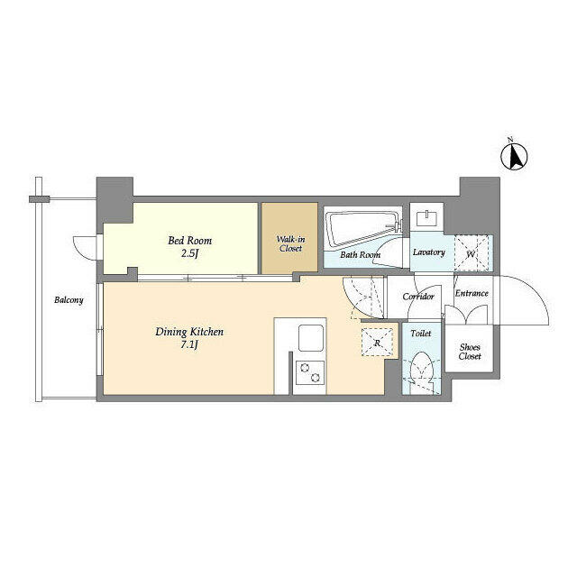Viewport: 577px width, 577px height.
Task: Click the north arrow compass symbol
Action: click(514, 157)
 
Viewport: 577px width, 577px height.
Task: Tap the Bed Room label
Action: click(190, 241)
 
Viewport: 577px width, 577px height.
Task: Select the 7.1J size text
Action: click(189, 345)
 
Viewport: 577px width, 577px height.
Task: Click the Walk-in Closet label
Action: click(290, 243)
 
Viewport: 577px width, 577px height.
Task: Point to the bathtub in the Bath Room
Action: click(362, 228)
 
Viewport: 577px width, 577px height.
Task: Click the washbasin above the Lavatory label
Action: click(426, 218)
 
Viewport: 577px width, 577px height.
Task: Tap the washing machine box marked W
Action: click(472, 253)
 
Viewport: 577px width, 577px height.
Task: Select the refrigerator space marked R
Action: click(377, 343)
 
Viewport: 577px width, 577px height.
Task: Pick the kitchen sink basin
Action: click(311, 337)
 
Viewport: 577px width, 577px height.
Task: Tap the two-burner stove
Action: click(310, 372)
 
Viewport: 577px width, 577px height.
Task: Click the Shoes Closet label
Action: click(470, 352)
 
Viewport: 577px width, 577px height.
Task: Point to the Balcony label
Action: click(69, 300)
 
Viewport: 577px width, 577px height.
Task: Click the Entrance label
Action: click(472, 293)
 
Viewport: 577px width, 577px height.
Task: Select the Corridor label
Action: click(418, 297)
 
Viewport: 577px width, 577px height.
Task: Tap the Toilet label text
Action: click(421, 333)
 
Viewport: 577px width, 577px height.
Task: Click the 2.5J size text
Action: click(190, 254)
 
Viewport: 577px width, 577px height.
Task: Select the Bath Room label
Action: click(361, 254)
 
